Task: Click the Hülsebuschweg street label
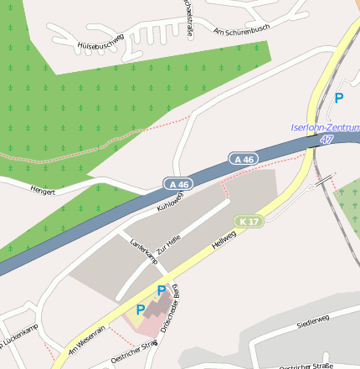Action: (x=100, y=43)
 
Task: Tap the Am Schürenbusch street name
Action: (x=242, y=29)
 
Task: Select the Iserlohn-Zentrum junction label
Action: (x=324, y=127)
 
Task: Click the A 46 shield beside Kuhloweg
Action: (x=177, y=183)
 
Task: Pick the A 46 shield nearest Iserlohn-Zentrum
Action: (x=244, y=158)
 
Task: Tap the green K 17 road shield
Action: (x=249, y=221)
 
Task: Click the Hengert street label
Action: (x=42, y=191)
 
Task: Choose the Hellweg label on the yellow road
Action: (x=224, y=244)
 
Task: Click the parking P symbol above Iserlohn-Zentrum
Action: (x=339, y=98)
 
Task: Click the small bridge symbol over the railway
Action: (x=323, y=180)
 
